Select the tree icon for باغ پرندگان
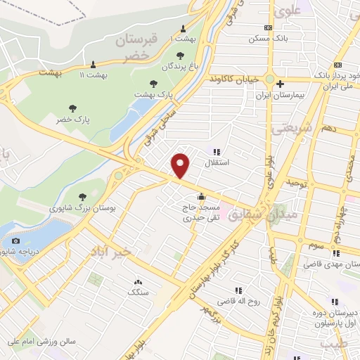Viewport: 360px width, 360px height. [x=180, y=56]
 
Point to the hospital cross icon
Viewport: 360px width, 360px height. [x=280, y=83]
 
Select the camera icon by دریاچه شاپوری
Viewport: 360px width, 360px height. [x=15, y=241]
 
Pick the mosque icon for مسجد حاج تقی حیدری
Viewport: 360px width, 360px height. [x=202, y=196]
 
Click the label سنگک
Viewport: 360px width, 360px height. [x=138, y=292]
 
